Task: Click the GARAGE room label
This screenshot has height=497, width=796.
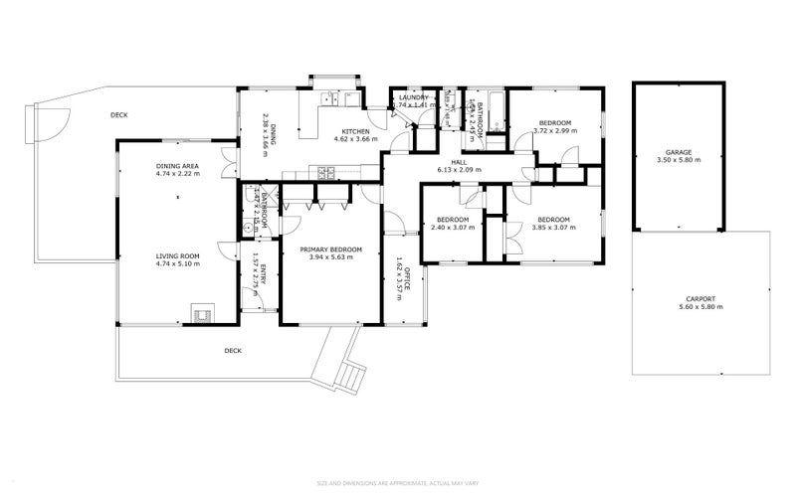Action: pyautogui.click(x=680, y=153)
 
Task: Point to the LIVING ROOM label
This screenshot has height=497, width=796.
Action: pyautogui.click(x=177, y=255)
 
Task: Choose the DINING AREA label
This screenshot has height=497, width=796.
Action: pyautogui.click(x=177, y=165)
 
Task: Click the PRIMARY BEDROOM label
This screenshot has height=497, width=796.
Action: pyautogui.click(x=331, y=249)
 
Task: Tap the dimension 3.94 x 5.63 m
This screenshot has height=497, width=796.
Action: pyautogui.click(x=331, y=258)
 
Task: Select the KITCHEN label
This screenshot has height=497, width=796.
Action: pyautogui.click(x=356, y=131)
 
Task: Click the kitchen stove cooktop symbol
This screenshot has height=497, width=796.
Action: pyautogui.click(x=326, y=172)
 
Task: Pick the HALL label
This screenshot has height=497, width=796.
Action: pyautogui.click(x=459, y=161)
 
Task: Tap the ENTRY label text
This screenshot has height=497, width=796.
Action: pyautogui.click(x=262, y=287)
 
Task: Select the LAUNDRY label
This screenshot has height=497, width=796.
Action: pyautogui.click(x=411, y=96)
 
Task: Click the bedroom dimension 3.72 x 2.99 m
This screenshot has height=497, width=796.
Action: pyautogui.click(x=554, y=131)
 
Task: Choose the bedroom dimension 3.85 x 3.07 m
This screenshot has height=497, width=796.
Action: pyautogui.click(x=553, y=228)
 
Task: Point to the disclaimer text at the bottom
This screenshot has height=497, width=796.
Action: pyautogui.click(x=397, y=483)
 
